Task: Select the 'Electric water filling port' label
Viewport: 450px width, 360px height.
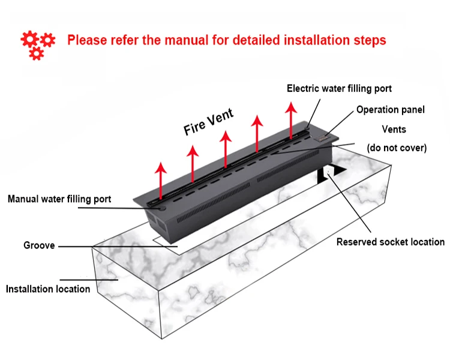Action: pos(339,88)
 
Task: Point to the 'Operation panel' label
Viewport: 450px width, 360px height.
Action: pos(390,110)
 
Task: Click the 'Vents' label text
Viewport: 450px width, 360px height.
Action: pos(394,129)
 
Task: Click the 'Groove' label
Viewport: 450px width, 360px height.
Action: pos(39,245)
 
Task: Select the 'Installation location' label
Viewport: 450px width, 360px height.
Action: pos(48,289)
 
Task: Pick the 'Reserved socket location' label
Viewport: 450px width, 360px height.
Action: pos(390,242)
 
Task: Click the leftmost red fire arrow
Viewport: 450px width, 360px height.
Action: pos(160,177)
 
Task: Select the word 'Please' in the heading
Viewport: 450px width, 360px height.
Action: pos(86,41)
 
